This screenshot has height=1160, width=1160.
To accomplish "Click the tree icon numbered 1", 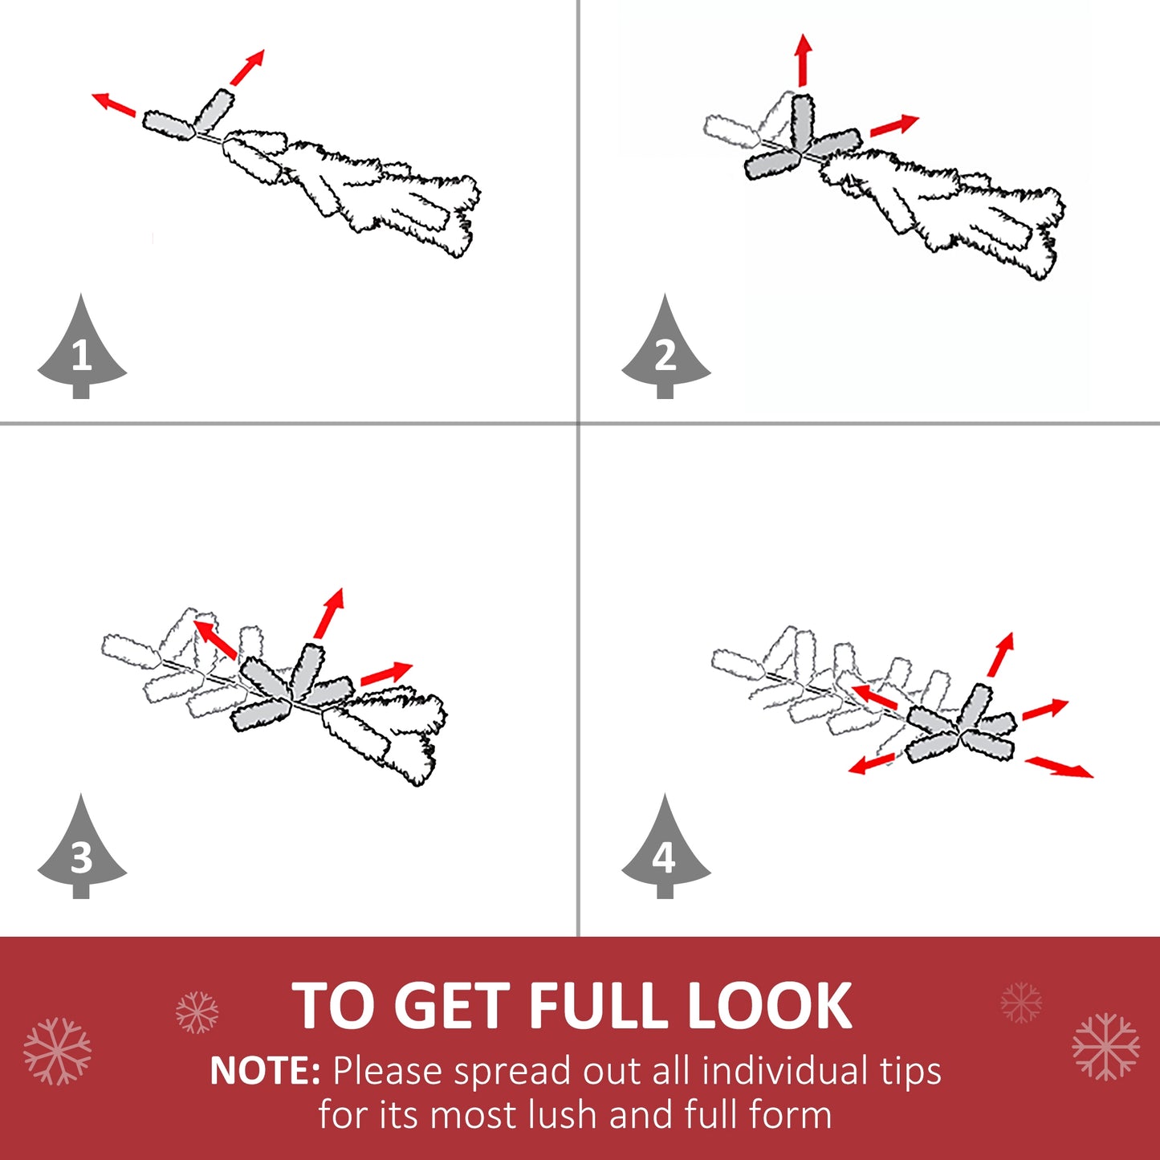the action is pos(82,352).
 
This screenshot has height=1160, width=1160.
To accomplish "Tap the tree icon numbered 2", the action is pos(665,352).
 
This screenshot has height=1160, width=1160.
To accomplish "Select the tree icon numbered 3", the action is pos(82,853).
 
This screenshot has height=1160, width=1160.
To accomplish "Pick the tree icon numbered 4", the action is pos(665,853).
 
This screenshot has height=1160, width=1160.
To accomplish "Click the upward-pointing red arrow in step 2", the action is pos(803,60).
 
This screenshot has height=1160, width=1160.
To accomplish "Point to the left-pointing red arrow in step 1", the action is pos(114,104).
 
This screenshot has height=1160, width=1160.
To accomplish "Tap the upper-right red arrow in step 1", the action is pos(246,67).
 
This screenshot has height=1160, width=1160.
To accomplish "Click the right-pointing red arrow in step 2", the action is pos(894,125).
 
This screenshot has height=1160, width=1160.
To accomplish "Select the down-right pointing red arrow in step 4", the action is pos(1059,767).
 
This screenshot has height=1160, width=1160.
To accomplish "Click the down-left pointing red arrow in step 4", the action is pos(871,764).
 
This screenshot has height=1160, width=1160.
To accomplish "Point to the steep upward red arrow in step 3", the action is pos(328,613).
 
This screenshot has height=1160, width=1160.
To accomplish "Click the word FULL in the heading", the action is pos(598,1006).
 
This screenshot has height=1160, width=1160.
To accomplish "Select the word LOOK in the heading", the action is pos(769,1006).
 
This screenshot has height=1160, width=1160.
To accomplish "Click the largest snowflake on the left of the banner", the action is pos(57,1051).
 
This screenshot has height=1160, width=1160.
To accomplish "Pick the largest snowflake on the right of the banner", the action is pos(1106,1046).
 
